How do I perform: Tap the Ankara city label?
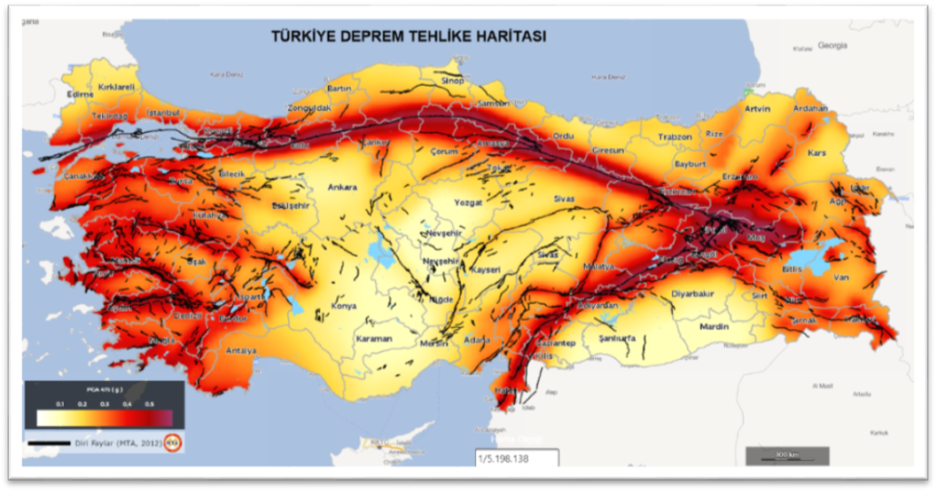point(342,187)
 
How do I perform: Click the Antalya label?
point(240,350)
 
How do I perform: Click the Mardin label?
point(714,326)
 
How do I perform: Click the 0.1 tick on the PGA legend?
point(61,403)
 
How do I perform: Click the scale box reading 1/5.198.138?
point(514,459)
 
